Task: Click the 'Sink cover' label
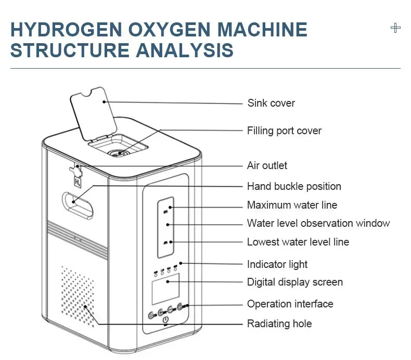click(x=271, y=103)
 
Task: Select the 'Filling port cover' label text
click(x=284, y=131)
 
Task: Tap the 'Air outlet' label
click(x=267, y=165)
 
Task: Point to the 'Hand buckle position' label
click(x=294, y=186)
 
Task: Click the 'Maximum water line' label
click(x=292, y=205)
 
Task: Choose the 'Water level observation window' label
click(x=318, y=223)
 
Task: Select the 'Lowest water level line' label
click(x=298, y=242)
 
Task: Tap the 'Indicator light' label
click(x=277, y=264)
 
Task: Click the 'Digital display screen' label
click(x=294, y=282)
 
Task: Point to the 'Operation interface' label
click(x=290, y=304)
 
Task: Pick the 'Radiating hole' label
click(x=279, y=324)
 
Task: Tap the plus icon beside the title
click(x=395, y=28)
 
